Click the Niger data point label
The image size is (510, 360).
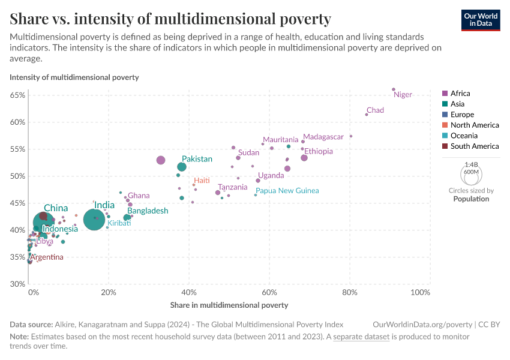tap(403, 95)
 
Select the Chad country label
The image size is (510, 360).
tap(375, 110)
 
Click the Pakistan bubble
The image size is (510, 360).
tap(182, 167)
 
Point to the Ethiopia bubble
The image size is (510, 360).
tap(304, 158)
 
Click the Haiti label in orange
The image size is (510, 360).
tap(201, 181)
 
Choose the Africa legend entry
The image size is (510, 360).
tap(460, 94)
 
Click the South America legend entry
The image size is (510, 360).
tap(474, 146)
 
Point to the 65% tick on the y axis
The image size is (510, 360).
tap(17, 95)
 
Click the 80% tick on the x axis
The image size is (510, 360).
tap(349, 292)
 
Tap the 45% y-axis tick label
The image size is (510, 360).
tap(17, 203)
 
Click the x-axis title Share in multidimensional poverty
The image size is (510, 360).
tap(229, 305)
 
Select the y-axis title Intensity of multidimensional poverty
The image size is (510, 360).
tap(74, 77)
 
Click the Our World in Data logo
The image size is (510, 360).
tap(480, 19)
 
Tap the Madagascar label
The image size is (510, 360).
tap(323, 137)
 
